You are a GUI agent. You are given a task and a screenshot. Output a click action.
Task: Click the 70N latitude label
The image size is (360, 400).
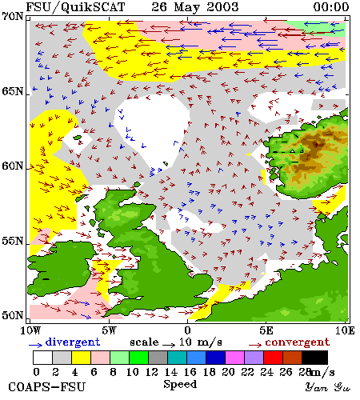pos(13,17)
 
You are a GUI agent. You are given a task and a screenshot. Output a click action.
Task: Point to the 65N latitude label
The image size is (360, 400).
pos(13,91)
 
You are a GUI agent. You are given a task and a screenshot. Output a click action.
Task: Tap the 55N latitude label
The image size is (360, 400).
pos(13,241)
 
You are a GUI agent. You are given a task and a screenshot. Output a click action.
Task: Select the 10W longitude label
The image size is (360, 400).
pos(31,330)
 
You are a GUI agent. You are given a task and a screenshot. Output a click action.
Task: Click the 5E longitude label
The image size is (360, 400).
pos(266,330)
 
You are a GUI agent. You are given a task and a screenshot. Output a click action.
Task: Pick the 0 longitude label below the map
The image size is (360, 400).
pos(188,330)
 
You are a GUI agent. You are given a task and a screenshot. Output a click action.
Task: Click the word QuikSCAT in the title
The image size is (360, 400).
pos(93,7)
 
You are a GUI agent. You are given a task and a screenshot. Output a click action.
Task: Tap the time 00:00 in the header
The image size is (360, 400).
pos(331,7)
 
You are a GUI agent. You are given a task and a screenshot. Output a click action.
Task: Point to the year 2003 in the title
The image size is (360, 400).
pos(222,7)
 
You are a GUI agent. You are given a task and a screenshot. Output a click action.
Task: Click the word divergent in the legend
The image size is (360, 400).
pos(73,342)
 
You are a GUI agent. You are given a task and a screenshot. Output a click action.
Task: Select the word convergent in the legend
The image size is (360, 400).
pos(298,342)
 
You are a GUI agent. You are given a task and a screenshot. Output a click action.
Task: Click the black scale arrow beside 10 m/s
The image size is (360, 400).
pos(169,345)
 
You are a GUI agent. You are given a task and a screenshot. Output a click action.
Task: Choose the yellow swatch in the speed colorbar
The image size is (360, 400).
pos(81,358)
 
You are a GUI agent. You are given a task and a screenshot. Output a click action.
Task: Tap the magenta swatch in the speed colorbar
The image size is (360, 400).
pos(235,358)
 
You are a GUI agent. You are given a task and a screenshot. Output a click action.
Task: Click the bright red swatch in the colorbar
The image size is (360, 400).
pos(274,358)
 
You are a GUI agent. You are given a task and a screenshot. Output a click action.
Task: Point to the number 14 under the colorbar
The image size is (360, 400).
pos(171,372)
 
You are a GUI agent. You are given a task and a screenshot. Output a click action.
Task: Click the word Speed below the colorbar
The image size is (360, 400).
pos(180,385)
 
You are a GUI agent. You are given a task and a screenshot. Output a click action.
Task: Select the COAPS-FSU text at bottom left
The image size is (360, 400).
pos(47,387)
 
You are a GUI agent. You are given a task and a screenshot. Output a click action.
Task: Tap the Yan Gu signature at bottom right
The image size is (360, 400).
pos(328,386)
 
